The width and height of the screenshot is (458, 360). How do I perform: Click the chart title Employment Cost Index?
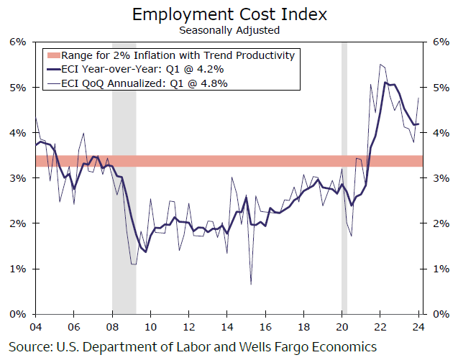click(229, 14)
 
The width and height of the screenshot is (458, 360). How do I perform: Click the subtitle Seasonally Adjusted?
click(229, 30)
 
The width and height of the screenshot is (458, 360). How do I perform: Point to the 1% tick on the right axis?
click(439, 269)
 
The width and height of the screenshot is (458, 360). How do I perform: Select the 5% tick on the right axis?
click(439, 87)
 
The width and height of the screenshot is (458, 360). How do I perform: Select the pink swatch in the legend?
click(52, 55)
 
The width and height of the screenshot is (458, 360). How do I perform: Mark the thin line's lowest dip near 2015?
click(251, 285)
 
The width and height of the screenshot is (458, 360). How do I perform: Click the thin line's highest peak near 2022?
click(380, 65)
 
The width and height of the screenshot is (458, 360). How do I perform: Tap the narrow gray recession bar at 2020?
click(344, 180)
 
